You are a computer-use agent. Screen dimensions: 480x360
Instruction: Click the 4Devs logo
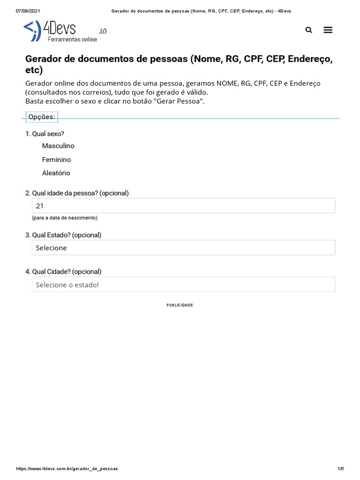[60, 31]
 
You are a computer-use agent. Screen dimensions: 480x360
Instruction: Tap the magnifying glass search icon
[308, 30]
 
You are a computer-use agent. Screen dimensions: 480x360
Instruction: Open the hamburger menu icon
[328, 30]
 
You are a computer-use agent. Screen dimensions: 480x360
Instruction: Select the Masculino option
[58, 146]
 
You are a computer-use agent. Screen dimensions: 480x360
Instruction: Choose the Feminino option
[56, 159]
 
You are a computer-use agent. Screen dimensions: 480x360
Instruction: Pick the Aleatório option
[56, 173]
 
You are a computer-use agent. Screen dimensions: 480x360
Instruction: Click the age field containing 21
[183, 206]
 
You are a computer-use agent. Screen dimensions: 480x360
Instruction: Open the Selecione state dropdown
[183, 248]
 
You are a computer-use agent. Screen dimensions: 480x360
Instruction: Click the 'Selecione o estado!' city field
[183, 285]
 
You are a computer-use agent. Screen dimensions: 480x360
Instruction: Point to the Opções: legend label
[41, 117]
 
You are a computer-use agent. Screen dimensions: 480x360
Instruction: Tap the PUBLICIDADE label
[180, 305]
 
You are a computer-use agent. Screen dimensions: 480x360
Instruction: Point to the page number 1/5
[341, 469]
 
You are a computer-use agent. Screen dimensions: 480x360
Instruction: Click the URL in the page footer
[67, 469]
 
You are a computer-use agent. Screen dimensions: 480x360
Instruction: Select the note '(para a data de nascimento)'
[65, 218]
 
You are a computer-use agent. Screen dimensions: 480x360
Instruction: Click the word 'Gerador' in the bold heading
[45, 60]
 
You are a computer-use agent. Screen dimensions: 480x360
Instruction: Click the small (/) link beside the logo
[103, 31]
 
